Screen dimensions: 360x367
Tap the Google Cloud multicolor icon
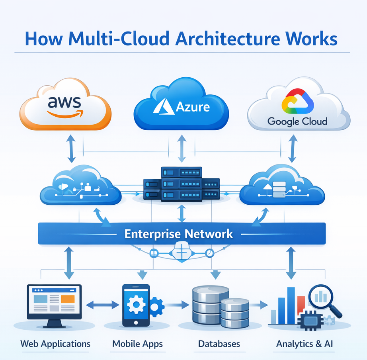coord(297,100)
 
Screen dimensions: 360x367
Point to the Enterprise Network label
coord(179,233)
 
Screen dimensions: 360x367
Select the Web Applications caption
coord(55,343)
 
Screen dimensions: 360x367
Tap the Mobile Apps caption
coord(137,343)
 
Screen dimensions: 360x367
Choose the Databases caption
coord(219,343)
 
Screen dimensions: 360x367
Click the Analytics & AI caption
coord(305,343)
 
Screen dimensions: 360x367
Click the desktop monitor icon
coord(54,303)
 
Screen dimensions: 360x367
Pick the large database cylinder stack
coord(207,305)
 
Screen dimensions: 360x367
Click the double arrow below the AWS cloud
coord(72,149)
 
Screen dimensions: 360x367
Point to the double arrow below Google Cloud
coord(293,149)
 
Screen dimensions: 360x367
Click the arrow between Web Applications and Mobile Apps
coord(103,305)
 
